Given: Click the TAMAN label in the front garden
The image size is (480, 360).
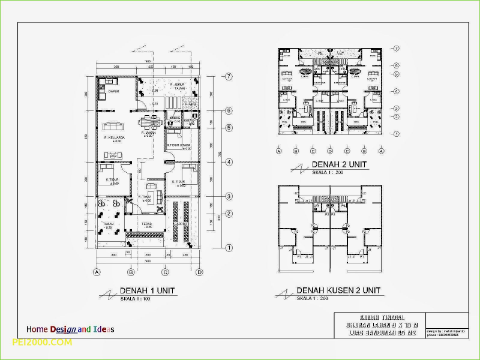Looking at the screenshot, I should point(108,224).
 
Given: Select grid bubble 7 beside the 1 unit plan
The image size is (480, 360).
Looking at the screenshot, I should point(229,76).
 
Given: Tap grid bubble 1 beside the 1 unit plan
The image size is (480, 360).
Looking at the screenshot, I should point(229,247).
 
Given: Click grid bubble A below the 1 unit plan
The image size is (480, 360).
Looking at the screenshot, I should point(96,272).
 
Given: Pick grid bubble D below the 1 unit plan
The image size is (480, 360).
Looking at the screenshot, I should point(199,272).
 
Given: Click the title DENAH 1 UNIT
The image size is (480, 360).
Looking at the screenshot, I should point(148,290).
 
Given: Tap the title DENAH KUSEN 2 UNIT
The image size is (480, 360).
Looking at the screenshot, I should point(339,290).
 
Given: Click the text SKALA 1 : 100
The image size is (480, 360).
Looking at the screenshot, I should point(135,298).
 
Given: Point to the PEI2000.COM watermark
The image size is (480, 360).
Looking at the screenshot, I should point(42,342).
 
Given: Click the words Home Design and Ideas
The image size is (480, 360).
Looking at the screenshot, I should point(70,329).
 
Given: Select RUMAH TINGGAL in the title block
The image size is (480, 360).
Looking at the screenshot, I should point(382,317).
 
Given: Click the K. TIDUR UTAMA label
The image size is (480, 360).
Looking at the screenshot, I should point(179,145).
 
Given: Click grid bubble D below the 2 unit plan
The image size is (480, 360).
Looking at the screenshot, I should point(330,151).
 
